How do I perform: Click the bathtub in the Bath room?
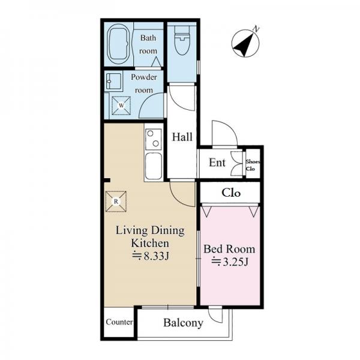(119, 44)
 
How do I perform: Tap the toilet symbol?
(182, 40)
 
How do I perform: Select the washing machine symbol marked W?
(121, 106)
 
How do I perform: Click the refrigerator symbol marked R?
(116, 202)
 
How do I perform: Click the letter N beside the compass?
(256, 29)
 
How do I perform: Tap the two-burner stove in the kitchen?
(154, 139)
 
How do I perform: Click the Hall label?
(182, 137)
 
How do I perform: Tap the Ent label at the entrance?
(217, 163)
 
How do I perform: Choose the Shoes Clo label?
(253, 165)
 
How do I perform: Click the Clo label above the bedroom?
(231, 193)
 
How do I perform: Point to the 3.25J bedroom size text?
(230, 262)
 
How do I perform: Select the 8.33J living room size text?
(151, 256)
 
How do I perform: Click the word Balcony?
(183, 323)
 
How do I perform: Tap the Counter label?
(119, 322)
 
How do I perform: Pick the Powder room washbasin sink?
(114, 81)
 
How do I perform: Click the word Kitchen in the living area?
(150, 243)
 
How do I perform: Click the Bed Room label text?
(229, 249)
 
